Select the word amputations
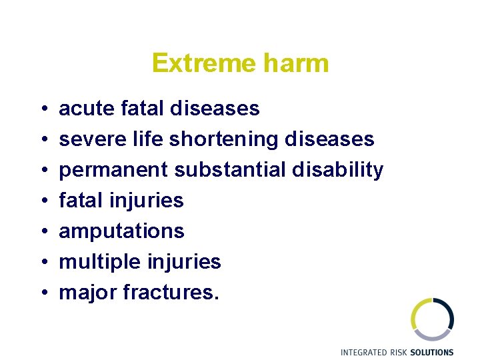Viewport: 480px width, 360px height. coord(121,231)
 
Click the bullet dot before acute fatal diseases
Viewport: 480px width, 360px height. coord(42,109)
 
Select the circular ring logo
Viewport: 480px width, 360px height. coord(432,319)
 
